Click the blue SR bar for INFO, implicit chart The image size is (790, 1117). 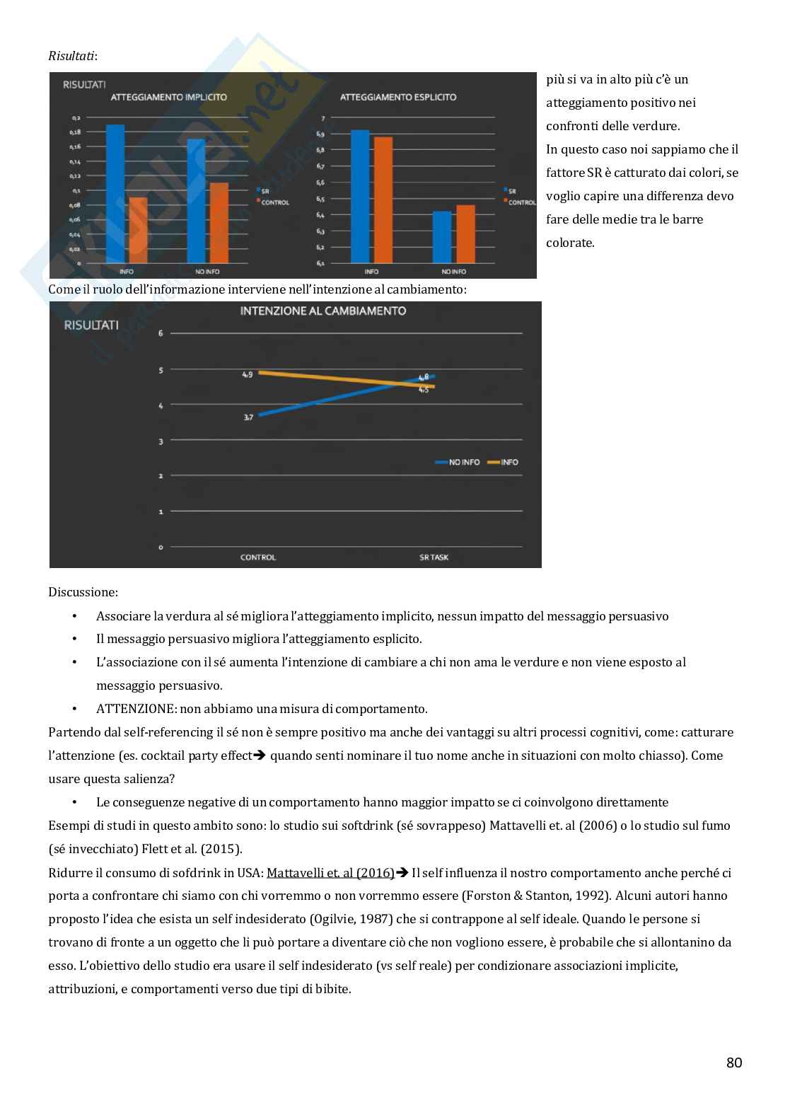point(115,194)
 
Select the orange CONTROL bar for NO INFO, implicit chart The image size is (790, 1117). point(219,223)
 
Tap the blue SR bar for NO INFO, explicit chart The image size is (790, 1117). point(441,237)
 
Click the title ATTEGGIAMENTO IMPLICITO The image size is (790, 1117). point(169,97)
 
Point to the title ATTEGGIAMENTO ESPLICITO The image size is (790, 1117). point(397,97)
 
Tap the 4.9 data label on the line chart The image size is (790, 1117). point(247,374)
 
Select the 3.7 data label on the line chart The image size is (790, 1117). point(248,418)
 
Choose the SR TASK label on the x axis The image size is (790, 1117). point(434,557)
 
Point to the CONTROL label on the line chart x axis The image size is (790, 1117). point(258,557)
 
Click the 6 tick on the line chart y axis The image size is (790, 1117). point(161,332)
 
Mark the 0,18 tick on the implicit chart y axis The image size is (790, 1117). point(76,132)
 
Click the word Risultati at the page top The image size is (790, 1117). point(71,55)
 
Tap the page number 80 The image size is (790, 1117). point(733,1063)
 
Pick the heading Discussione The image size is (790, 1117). point(83,591)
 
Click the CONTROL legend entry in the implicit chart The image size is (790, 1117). point(275,203)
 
